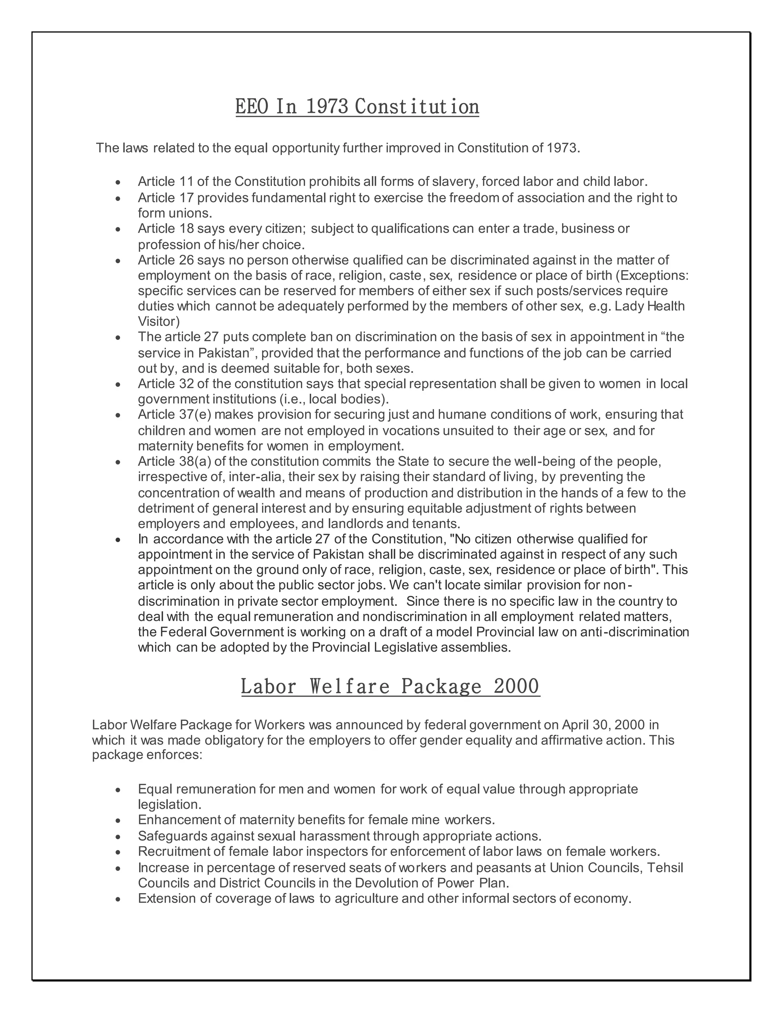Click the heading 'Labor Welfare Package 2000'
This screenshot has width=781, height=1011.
pos(390,686)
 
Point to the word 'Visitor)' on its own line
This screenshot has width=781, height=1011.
pos(159,322)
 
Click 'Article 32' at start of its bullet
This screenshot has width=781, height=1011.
pos(162,384)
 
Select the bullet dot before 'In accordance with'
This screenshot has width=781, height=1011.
pos(119,540)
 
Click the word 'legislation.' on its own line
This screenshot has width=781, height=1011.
pos(169,805)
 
